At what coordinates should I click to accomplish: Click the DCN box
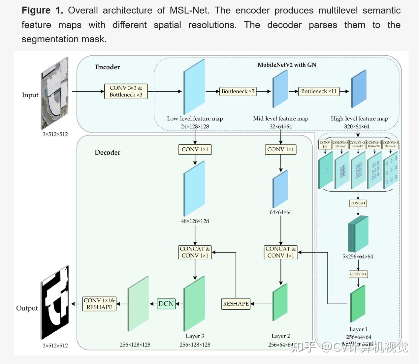coord(166,304)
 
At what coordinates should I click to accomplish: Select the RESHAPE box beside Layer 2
coord(236,304)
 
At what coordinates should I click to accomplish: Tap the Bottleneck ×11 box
coord(319,91)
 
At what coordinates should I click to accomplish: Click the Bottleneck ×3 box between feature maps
coord(238,91)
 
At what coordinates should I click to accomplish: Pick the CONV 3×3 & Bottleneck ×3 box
coord(126,91)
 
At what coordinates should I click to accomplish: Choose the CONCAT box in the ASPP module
coord(358,203)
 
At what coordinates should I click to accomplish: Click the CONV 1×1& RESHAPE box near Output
coord(99,304)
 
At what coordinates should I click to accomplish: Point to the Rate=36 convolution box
coord(390,144)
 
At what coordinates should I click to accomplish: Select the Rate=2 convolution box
coord(340,144)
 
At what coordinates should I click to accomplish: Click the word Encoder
coord(108,67)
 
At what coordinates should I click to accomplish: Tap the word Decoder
coord(108,152)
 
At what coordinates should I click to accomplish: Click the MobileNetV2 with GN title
coord(287,65)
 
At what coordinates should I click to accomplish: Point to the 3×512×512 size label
coord(55,134)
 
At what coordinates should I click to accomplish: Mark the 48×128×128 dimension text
coord(195,221)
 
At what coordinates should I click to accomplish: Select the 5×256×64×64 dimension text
coord(358,257)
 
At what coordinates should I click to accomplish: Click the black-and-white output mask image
coord(55,302)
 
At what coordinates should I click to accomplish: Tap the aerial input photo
coord(55,93)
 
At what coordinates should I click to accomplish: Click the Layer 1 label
coord(358,329)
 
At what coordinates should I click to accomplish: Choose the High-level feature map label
coord(359,119)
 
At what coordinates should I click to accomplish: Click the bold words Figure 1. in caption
coord(42,11)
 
